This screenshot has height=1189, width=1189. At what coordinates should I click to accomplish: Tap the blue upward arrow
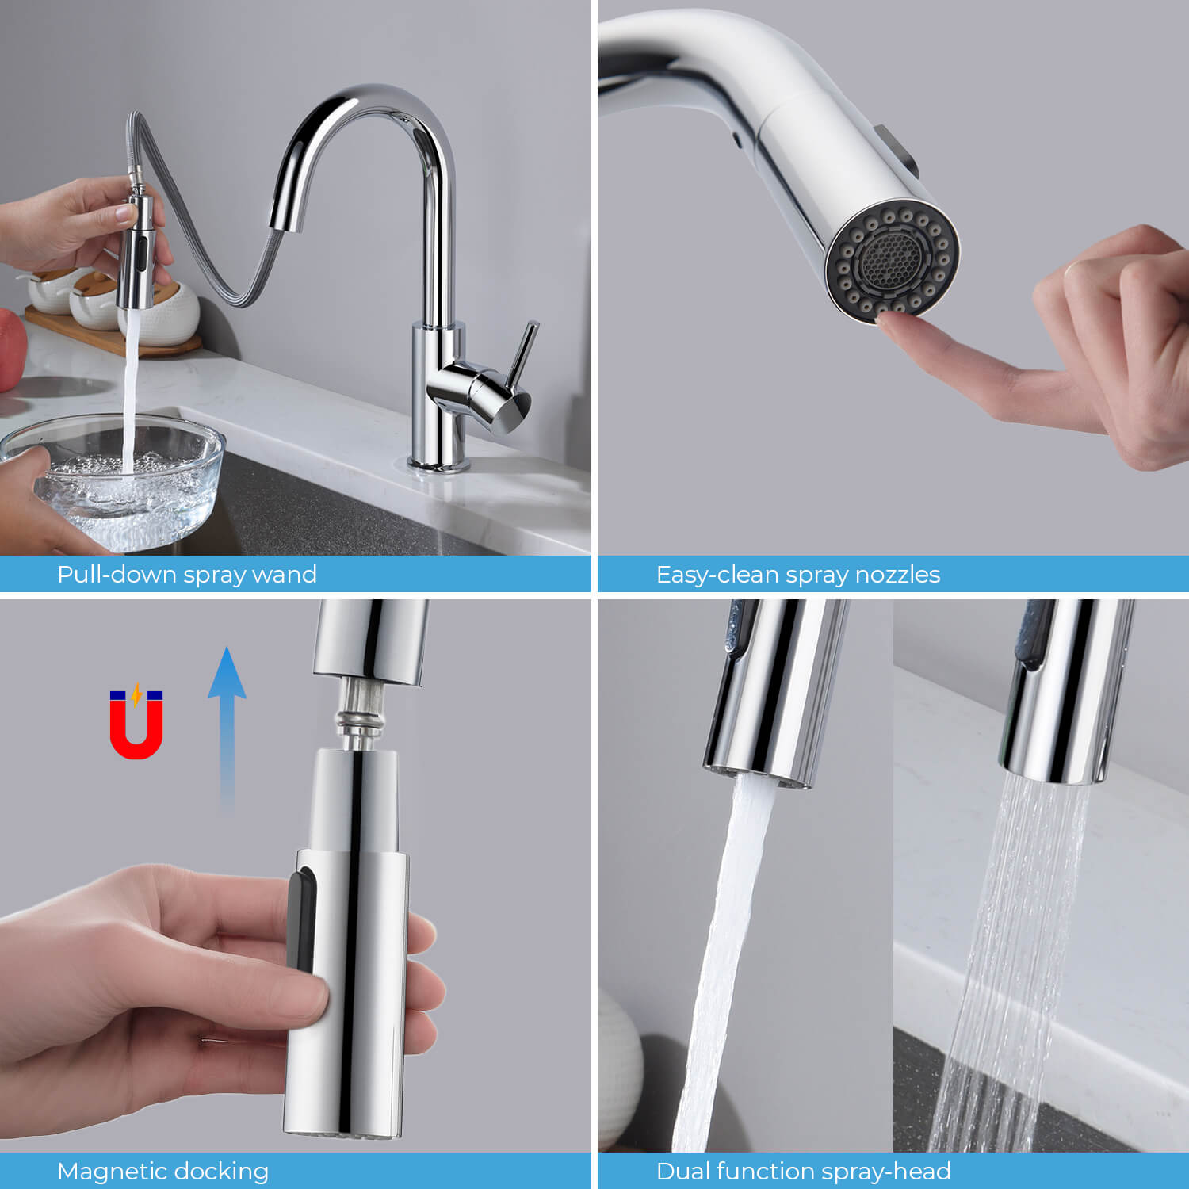pos(227,729)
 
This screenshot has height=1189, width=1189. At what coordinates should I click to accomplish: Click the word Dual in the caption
pos(683,1171)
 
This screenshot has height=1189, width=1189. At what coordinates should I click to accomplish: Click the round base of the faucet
pos(439,464)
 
